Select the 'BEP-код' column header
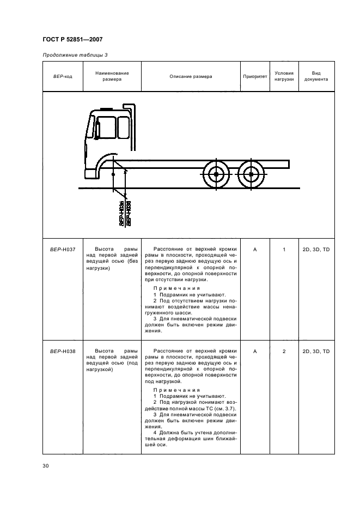[62, 76]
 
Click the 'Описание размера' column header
[191, 76]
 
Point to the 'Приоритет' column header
[255, 76]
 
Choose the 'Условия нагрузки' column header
[284, 76]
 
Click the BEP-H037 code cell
[62, 250]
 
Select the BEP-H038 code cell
[62, 351]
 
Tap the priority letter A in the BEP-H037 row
[255, 250]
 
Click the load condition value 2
[284, 351]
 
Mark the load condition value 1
[284, 250]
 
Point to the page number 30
[46, 465]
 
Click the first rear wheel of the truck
[216, 174]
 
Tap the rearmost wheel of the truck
[251, 174]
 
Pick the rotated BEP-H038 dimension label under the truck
[128, 214]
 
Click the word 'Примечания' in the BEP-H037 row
[177, 288]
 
